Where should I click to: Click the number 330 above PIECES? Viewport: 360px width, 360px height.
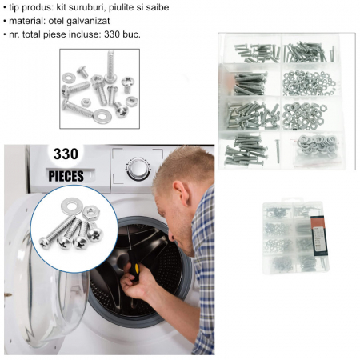[66, 154]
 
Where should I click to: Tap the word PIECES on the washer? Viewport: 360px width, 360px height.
[66, 176]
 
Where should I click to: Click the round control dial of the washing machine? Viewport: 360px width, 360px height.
[138, 169]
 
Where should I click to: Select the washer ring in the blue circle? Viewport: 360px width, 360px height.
[71, 206]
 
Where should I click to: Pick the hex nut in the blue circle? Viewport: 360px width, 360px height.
[91, 213]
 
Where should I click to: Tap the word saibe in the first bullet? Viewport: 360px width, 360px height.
[158, 7]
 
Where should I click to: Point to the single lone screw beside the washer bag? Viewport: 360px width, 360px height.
[278, 151]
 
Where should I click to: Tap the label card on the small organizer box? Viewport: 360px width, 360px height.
[319, 236]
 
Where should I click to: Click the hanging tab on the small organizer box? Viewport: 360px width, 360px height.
[292, 200]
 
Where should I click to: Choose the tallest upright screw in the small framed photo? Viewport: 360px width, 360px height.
[110, 66]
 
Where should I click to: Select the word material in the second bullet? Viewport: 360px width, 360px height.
[27, 21]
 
